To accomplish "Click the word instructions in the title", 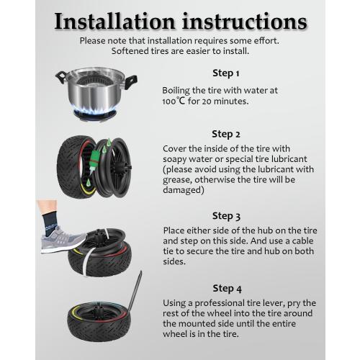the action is (245, 22).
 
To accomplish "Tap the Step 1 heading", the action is (226, 73).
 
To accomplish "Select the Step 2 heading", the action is (226, 134).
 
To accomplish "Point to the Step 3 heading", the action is (226, 216).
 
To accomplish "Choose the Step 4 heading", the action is (227, 289).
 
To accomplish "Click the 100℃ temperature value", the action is (174, 101).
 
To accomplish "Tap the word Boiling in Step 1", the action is (176, 91).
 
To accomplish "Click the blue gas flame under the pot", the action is (95, 112).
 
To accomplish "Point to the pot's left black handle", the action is (60, 77).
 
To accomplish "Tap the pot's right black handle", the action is (131, 81).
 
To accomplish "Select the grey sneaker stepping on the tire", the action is (63, 240).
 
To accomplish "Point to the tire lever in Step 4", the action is (135, 291).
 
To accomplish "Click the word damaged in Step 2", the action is (184, 190).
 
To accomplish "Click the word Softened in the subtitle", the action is (130, 51).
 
